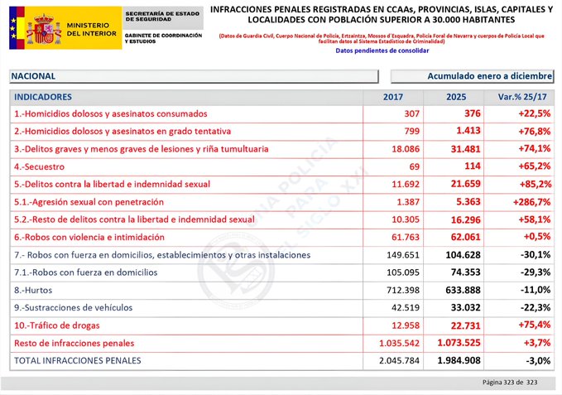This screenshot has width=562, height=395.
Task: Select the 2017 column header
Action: click(393, 97)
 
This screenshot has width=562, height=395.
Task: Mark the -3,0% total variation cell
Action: click(536, 360)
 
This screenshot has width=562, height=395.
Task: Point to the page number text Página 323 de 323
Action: click(512, 382)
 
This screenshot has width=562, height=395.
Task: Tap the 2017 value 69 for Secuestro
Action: click(414, 166)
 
